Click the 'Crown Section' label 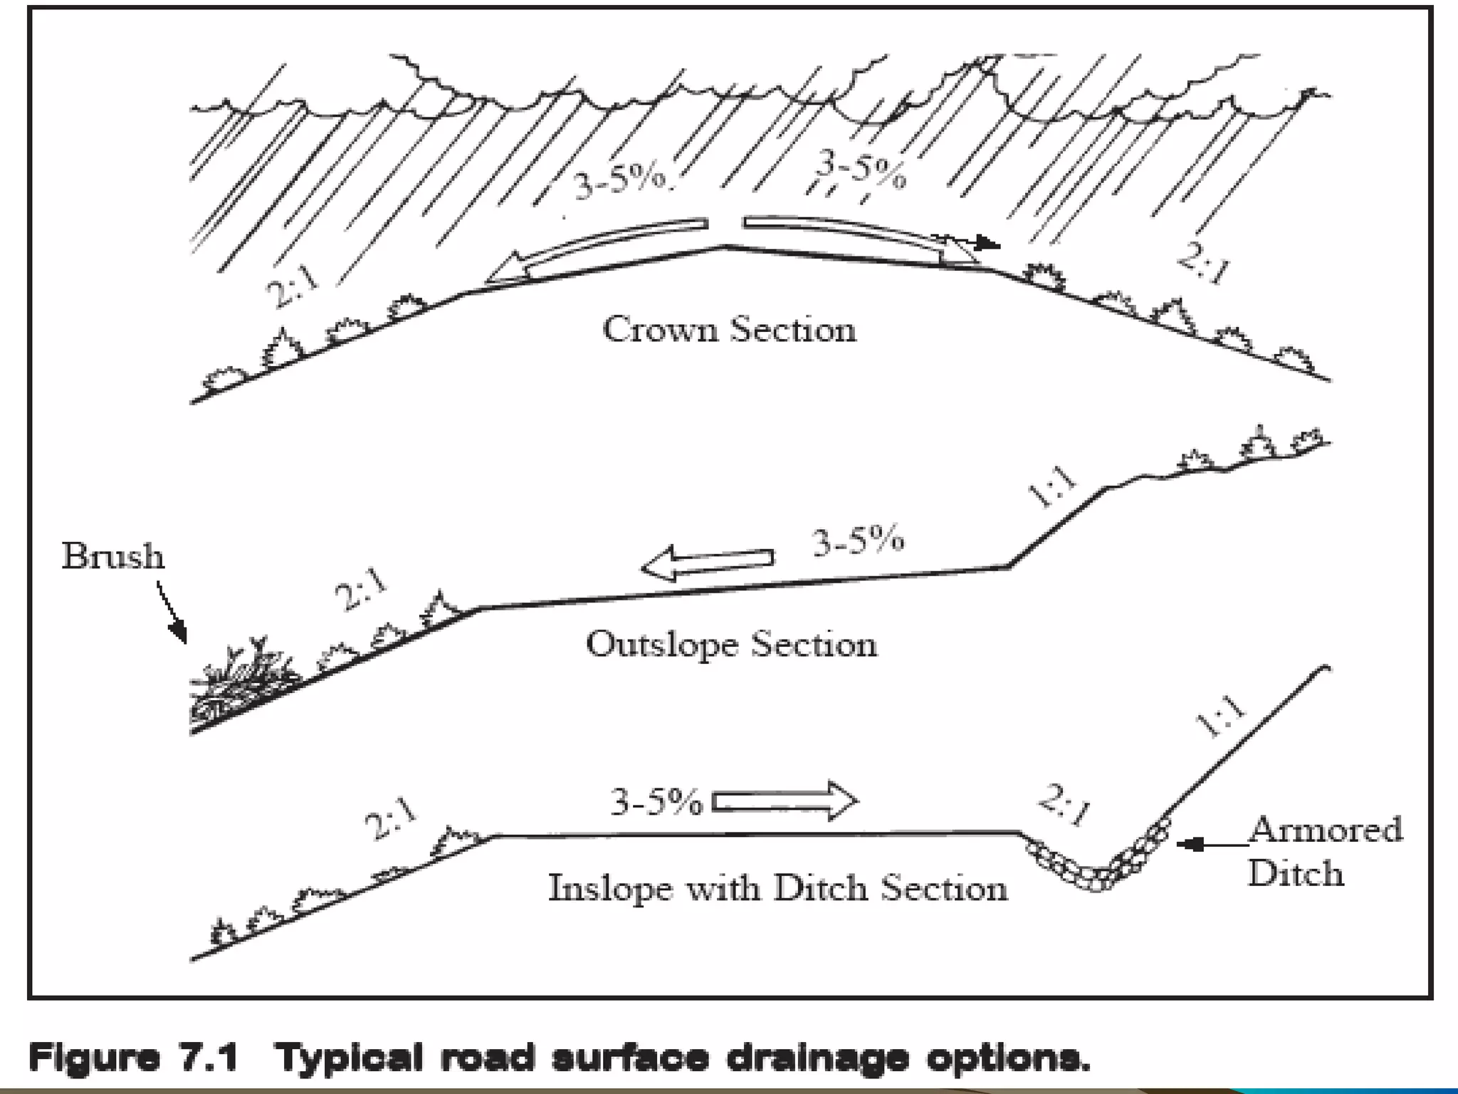[729, 330]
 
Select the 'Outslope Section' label [731, 645]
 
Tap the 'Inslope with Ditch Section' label [777, 888]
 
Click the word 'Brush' [112, 556]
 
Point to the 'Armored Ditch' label [1324, 851]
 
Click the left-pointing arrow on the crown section [598, 253]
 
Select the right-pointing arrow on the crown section [854, 239]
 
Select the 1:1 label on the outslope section [1054, 487]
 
